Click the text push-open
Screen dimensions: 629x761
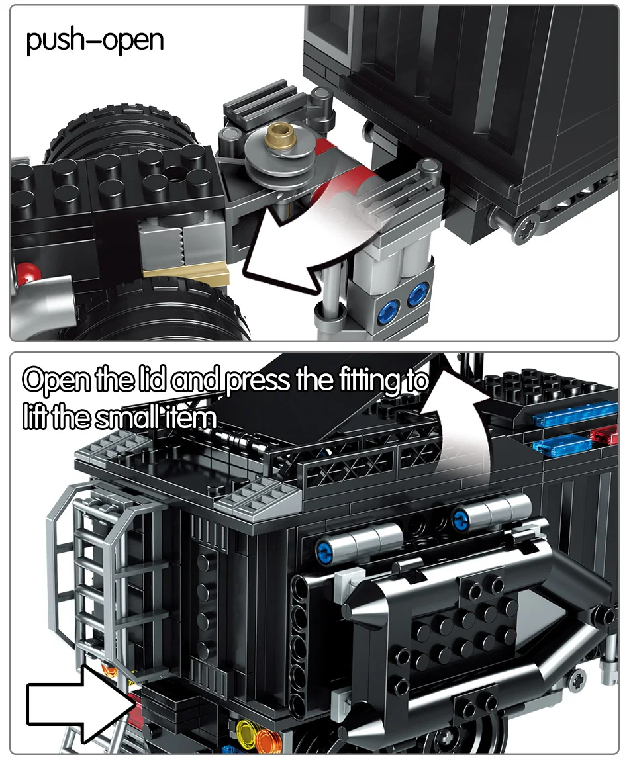pyautogui.click(x=94, y=41)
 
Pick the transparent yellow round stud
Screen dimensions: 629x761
pyautogui.click(x=246, y=731)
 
